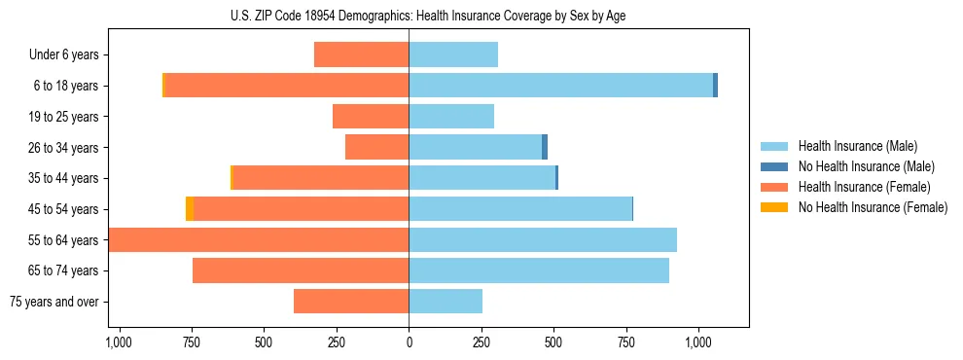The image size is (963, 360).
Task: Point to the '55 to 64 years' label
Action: pos(64,240)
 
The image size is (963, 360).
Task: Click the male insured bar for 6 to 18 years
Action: pos(560,86)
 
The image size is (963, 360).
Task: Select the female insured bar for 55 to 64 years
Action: pos(259,240)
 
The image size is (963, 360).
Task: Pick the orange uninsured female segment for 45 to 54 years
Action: pos(190,209)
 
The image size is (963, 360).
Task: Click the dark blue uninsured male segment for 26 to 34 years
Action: pos(545,147)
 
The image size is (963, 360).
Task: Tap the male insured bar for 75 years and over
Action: pos(446,302)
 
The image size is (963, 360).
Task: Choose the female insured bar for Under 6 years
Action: pos(362,55)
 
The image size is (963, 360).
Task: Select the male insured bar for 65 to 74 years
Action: pos(539,270)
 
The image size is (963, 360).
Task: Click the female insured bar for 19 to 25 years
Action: pos(371,117)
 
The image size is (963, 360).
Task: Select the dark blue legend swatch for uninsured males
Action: pos(775,166)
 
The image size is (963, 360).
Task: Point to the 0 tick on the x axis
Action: pos(409,343)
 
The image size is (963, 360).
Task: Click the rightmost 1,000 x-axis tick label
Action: pos(698,343)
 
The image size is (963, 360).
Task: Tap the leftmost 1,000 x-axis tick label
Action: pos(119,343)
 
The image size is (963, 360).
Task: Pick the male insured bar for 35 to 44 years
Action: pos(481,178)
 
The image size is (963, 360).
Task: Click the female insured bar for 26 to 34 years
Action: pos(377,147)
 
